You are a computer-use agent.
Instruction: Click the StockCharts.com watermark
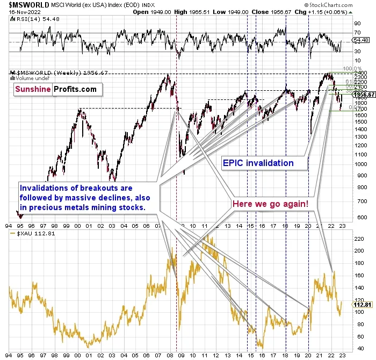349,4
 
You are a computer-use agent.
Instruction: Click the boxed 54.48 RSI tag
359,40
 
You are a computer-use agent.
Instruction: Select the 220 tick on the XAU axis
357,236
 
